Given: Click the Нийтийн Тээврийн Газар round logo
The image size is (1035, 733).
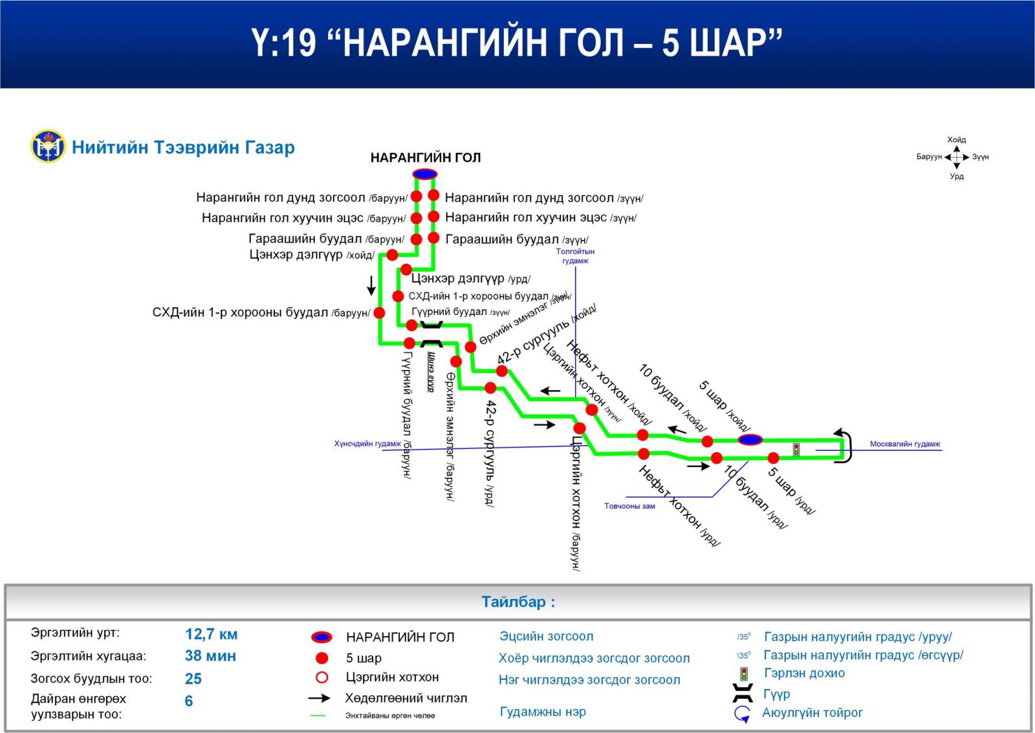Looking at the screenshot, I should (48, 146).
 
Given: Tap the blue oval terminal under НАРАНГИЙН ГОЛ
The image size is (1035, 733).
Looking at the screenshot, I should (425, 174).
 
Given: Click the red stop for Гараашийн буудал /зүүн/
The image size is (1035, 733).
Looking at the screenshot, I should (434, 238).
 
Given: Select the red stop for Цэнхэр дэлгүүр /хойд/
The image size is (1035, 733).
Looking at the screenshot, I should (392, 255).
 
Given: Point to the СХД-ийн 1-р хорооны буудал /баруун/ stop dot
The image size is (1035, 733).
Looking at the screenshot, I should (380, 313).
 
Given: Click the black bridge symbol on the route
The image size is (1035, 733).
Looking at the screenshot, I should (431, 334).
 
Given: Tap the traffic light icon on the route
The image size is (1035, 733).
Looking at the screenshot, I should (796, 449).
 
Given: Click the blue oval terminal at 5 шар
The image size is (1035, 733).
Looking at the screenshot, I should (750, 440).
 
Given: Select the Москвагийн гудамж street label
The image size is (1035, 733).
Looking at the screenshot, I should (904, 444).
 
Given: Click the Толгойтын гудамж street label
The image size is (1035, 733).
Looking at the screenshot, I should (575, 256).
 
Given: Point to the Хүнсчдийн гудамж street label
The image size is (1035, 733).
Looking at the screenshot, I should (367, 444).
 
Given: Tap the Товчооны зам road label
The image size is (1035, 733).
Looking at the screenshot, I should (629, 506).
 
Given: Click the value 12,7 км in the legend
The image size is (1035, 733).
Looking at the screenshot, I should (211, 634).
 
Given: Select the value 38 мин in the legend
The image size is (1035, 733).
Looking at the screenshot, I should (210, 656).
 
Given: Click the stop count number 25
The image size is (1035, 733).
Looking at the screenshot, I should (193, 679).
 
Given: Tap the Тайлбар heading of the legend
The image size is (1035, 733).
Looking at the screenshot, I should (517, 602).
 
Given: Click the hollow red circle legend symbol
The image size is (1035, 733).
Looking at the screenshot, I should (321, 677).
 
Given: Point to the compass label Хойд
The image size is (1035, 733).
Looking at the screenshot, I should (956, 140).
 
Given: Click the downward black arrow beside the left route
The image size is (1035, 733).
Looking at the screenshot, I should (371, 285).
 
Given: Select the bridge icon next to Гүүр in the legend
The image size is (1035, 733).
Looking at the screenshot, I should (743, 694).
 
